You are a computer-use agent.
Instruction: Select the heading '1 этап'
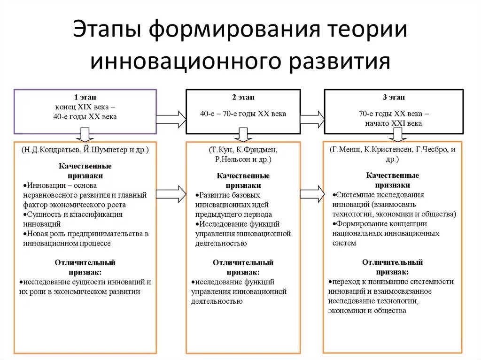tap(85, 97)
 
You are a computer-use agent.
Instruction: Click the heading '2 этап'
tap(243, 97)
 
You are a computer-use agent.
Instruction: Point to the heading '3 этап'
tap(393, 97)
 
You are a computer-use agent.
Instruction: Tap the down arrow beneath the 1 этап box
tap(85, 134)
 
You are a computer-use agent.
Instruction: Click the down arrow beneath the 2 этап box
tap(243, 134)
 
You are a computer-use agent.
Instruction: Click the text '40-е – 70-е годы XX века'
tap(243, 114)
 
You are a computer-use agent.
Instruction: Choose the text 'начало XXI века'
tap(393, 123)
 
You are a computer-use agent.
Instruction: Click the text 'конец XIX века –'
tap(85, 107)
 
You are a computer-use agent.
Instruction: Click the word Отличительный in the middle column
tap(243, 262)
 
